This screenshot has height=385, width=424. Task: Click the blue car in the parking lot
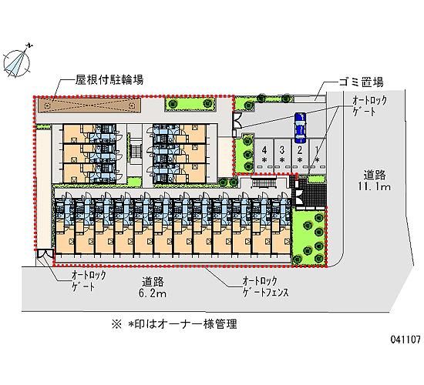point(300,128)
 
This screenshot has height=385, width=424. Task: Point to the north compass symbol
point(17,63)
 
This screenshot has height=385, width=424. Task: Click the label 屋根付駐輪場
point(109,80)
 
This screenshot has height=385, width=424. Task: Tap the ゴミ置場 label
point(361,82)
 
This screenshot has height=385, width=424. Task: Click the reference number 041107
point(405,340)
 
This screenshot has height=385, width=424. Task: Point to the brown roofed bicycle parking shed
point(89,105)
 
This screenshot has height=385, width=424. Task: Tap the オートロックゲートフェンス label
point(265,286)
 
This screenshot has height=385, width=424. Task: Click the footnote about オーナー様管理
point(174,323)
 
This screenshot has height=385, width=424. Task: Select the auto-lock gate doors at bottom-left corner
point(45,253)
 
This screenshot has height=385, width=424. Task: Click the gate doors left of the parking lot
point(237,120)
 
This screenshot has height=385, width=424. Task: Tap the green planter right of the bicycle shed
point(190,103)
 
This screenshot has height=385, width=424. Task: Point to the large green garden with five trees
point(308,237)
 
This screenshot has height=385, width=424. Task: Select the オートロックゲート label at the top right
point(369,106)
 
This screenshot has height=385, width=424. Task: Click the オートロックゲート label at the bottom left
point(88,281)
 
